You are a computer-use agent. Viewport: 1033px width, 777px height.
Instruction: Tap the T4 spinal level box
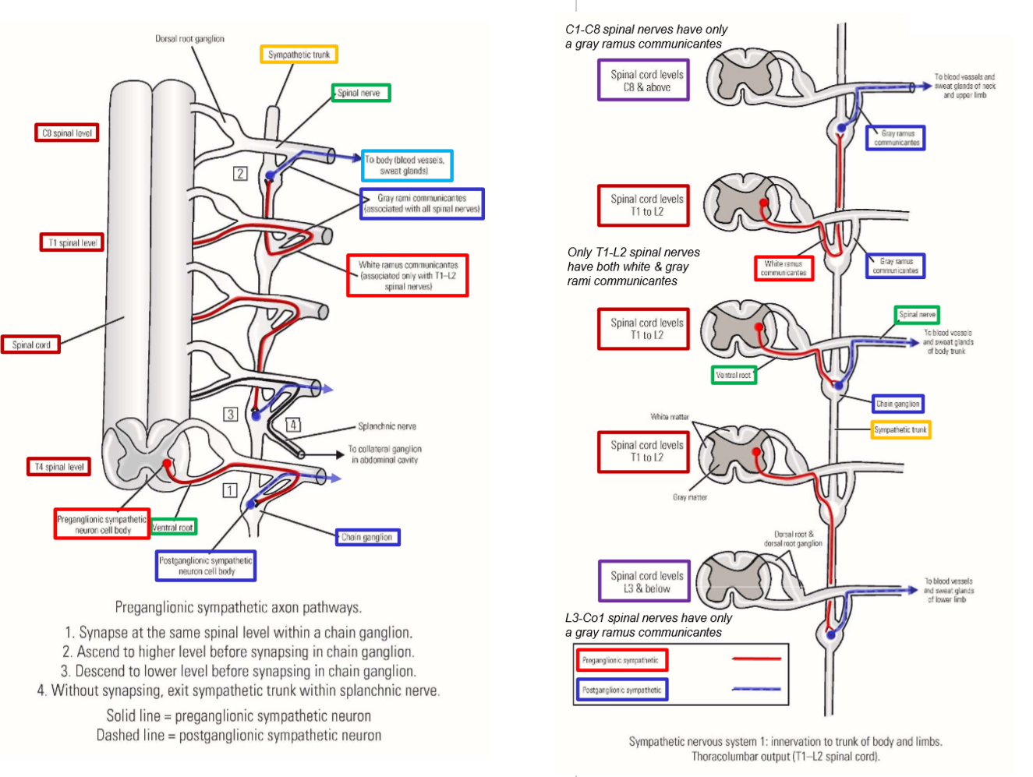58,467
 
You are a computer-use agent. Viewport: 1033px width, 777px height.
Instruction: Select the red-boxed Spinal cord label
31,344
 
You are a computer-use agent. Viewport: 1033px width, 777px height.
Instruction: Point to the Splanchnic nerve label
387,426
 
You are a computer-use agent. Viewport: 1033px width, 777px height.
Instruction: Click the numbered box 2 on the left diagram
240,174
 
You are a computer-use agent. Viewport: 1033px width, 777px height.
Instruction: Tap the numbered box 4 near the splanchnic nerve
292,425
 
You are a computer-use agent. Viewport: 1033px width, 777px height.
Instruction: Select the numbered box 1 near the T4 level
229,490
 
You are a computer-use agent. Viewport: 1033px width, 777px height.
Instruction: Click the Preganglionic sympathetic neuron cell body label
101,524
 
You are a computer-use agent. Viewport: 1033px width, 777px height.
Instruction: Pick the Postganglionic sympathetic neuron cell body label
206,566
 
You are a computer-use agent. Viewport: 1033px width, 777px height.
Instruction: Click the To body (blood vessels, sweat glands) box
406,165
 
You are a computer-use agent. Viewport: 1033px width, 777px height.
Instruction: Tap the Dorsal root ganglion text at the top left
189,38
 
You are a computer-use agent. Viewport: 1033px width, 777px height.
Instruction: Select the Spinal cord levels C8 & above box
644,80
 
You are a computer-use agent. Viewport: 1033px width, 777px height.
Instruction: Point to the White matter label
670,417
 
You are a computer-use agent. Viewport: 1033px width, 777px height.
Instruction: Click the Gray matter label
690,497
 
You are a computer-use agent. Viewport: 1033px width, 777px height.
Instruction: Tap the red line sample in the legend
755,659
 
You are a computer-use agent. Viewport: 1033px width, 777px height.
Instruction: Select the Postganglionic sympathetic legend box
621,690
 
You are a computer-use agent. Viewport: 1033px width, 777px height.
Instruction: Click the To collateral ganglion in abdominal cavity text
384,454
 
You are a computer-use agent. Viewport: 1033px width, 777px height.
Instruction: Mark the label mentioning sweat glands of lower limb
948,590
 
